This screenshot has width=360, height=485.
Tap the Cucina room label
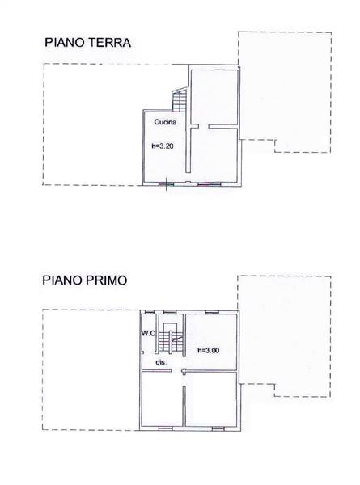point(165,122)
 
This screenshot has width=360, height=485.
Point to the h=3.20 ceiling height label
point(163,146)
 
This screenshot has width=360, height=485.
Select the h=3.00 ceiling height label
point(209,351)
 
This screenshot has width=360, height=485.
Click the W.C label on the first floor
point(148,333)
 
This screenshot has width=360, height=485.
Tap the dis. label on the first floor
point(161,362)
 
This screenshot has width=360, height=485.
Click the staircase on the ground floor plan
point(180,99)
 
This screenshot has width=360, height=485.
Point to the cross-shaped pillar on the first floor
point(184,371)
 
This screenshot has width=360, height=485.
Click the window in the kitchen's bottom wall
point(166,184)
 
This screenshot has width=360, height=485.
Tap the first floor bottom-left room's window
point(166,428)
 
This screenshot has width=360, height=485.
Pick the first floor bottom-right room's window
point(218,428)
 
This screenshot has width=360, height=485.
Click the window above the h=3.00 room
point(212,312)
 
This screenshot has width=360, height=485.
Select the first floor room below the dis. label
point(162,399)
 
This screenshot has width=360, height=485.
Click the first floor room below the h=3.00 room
point(212,399)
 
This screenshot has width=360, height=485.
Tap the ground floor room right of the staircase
point(214,97)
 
